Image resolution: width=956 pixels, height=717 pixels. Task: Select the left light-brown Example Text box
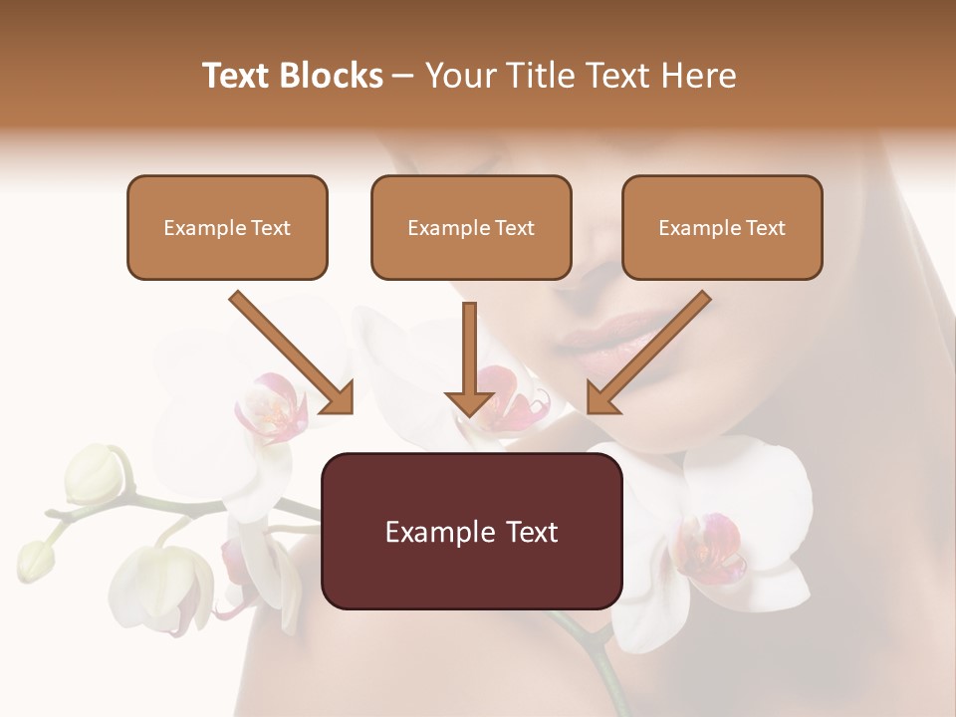(x=227, y=228)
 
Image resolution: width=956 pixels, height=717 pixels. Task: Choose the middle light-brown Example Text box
(x=471, y=228)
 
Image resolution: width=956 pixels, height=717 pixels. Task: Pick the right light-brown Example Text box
(x=722, y=228)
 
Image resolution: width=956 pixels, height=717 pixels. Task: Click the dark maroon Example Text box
(x=471, y=531)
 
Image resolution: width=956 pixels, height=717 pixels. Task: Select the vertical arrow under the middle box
(x=469, y=362)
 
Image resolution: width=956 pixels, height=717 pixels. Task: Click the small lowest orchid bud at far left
(x=35, y=560)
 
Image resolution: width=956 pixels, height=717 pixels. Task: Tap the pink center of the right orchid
(x=709, y=546)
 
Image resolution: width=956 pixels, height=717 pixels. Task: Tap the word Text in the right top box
(x=764, y=228)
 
